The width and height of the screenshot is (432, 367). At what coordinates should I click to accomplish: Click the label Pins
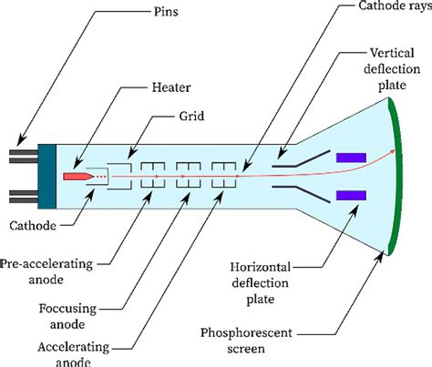click(166, 12)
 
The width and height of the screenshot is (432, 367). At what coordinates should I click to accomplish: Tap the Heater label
click(171, 87)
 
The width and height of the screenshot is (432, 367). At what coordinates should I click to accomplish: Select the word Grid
click(191, 116)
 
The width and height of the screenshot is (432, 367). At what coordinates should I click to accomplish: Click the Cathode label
click(33, 226)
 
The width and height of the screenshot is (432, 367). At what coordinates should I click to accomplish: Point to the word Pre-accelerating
click(46, 264)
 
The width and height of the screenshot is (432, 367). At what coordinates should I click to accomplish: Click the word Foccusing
click(67, 309)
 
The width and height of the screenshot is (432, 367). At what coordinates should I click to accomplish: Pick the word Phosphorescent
click(246, 332)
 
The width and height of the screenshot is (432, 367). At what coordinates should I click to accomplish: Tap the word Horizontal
click(261, 267)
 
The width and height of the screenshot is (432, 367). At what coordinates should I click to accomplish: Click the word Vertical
click(392, 53)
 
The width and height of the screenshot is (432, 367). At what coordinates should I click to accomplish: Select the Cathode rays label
click(395, 6)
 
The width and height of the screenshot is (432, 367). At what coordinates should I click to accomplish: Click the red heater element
click(78, 177)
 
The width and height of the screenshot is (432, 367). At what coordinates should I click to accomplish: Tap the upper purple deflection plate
click(351, 158)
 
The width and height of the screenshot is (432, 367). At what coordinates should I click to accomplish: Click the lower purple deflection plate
click(351, 196)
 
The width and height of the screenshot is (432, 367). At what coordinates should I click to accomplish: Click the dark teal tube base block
click(47, 177)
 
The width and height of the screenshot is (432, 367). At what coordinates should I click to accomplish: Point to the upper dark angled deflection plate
click(301, 159)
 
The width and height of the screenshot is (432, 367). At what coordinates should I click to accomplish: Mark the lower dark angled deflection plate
click(301, 194)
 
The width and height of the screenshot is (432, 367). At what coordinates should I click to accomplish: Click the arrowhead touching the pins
click(21, 140)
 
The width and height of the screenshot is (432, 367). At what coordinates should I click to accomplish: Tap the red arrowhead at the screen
click(393, 151)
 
